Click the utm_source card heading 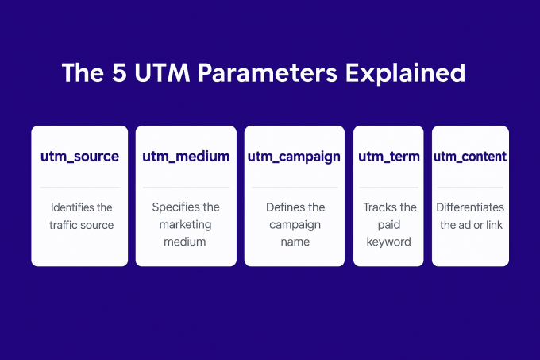coord(79,157)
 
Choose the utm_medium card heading coord(186,157)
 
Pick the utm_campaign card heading coord(294,157)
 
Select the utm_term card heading coord(388,157)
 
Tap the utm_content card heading coord(470,157)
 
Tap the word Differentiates coord(470,207)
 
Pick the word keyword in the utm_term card coord(388,242)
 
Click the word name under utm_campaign coord(294,242)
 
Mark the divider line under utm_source coord(79,188)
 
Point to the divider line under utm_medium coord(186,188)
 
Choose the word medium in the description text coord(186,242)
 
